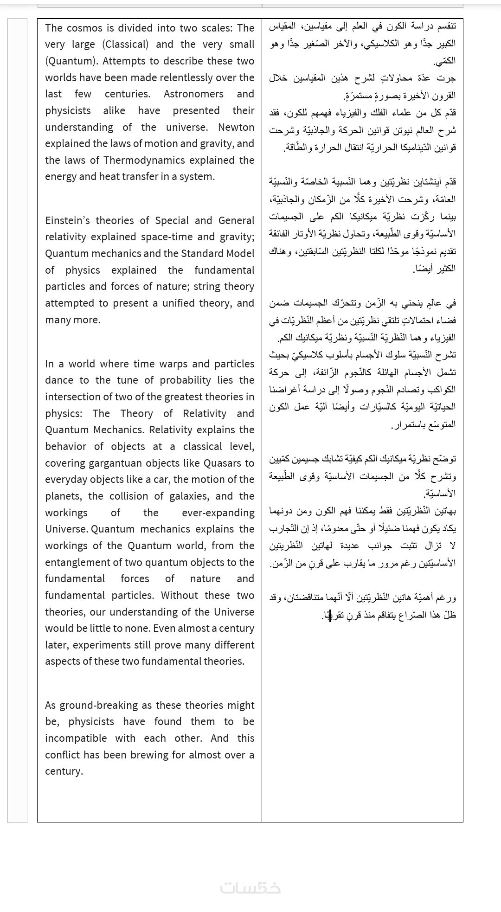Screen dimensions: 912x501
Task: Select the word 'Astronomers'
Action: click(x=193, y=94)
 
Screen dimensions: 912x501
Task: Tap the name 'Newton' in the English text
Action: click(x=236, y=127)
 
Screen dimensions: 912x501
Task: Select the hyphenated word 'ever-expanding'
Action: click(x=218, y=513)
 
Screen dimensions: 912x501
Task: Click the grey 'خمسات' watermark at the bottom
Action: click(x=250, y=887)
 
